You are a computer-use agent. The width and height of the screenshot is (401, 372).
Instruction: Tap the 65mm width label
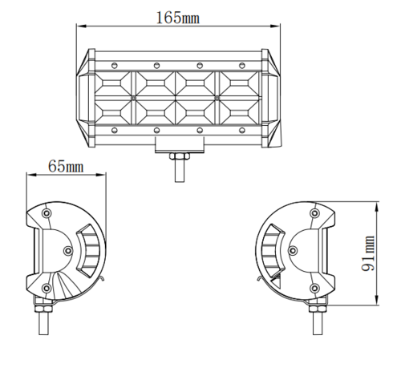pos(66,166)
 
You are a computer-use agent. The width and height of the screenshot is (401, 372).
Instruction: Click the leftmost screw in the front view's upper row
pos(114,64)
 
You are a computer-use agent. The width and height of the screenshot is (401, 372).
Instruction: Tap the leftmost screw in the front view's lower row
pos(114,129)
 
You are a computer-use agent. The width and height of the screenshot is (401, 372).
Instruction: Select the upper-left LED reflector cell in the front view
pos(114,83)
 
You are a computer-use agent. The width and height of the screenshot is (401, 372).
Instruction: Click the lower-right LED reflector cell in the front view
pos(241,111)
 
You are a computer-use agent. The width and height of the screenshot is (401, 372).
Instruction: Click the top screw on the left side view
pos(47,213)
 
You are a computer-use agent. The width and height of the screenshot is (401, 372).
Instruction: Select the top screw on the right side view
pos(314,213)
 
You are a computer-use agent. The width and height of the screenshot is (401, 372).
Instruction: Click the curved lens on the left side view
pos(87,250)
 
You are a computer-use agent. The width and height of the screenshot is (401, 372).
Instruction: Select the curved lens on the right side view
pos(273,250)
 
